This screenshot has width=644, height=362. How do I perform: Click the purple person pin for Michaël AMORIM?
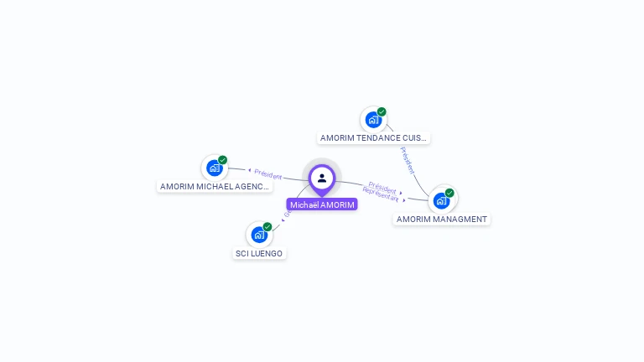pos(322,178)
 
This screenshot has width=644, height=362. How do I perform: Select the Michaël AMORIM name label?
pos(322,204)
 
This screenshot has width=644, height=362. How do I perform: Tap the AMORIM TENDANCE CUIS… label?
pos(373,137)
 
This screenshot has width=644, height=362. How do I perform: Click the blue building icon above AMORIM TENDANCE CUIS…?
pos(373,120)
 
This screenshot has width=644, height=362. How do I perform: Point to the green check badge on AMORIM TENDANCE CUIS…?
pos(382,111)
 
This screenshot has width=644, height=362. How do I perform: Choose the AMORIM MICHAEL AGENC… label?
pos(215,186)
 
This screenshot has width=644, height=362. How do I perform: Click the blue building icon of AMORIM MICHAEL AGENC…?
pos(215,168)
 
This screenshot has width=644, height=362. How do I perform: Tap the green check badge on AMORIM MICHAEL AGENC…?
pos(223,160)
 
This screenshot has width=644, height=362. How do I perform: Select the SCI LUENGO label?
pos(259,253)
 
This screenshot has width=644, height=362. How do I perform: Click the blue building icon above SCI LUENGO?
pos(259,235)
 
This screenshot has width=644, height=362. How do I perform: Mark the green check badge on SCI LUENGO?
pos(267,227)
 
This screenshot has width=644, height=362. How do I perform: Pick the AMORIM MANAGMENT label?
pos(442,219)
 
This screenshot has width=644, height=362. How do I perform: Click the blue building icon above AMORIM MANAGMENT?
pos(441,200)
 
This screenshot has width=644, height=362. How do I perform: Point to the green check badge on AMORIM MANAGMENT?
pos(449,193)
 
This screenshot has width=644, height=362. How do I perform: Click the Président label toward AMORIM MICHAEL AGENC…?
pos(268,174)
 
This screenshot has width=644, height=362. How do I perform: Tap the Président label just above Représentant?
pos(382,188)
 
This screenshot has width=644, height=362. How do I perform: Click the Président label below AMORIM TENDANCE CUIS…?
pos(408,160)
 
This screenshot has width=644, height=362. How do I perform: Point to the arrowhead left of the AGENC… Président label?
pos(249,170)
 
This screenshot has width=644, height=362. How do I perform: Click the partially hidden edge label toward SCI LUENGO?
pos(286,215)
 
